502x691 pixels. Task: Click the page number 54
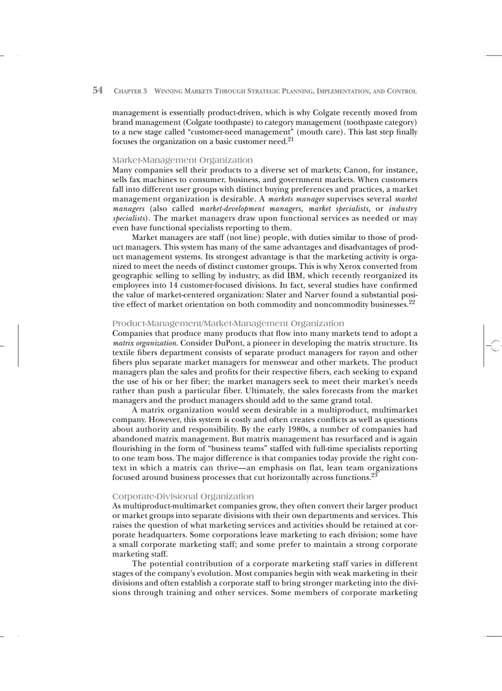[97, 90]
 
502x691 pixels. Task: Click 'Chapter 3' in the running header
[130, 91]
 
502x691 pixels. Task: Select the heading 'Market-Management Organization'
[182, 160]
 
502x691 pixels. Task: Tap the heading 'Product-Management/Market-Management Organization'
[228, 323]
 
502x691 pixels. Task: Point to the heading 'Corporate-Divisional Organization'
[183, 496]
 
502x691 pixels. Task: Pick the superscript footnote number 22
[412, 302]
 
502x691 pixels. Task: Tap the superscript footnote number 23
[374, 474]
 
